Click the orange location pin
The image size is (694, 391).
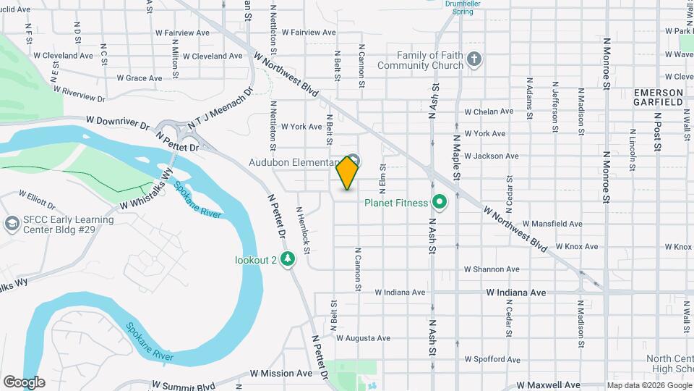click(x=348, y=173)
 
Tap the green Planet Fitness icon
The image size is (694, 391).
click(x=438, y=202)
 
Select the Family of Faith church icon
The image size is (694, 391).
click(x=474, y=60)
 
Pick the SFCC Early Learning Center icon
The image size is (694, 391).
click(x=11, y=224)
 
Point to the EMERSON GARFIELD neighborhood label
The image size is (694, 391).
click(x=658, y=98)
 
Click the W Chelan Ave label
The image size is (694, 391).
click(x=489, y=112)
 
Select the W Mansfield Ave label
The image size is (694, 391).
click(x=552, y=224)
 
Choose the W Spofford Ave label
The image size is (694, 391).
click(x=492, y=359)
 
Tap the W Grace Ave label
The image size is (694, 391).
click(x=139, y=78)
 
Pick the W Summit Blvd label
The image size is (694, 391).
click(x=184, y=386)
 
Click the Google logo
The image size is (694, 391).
click(x=23, y=382)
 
